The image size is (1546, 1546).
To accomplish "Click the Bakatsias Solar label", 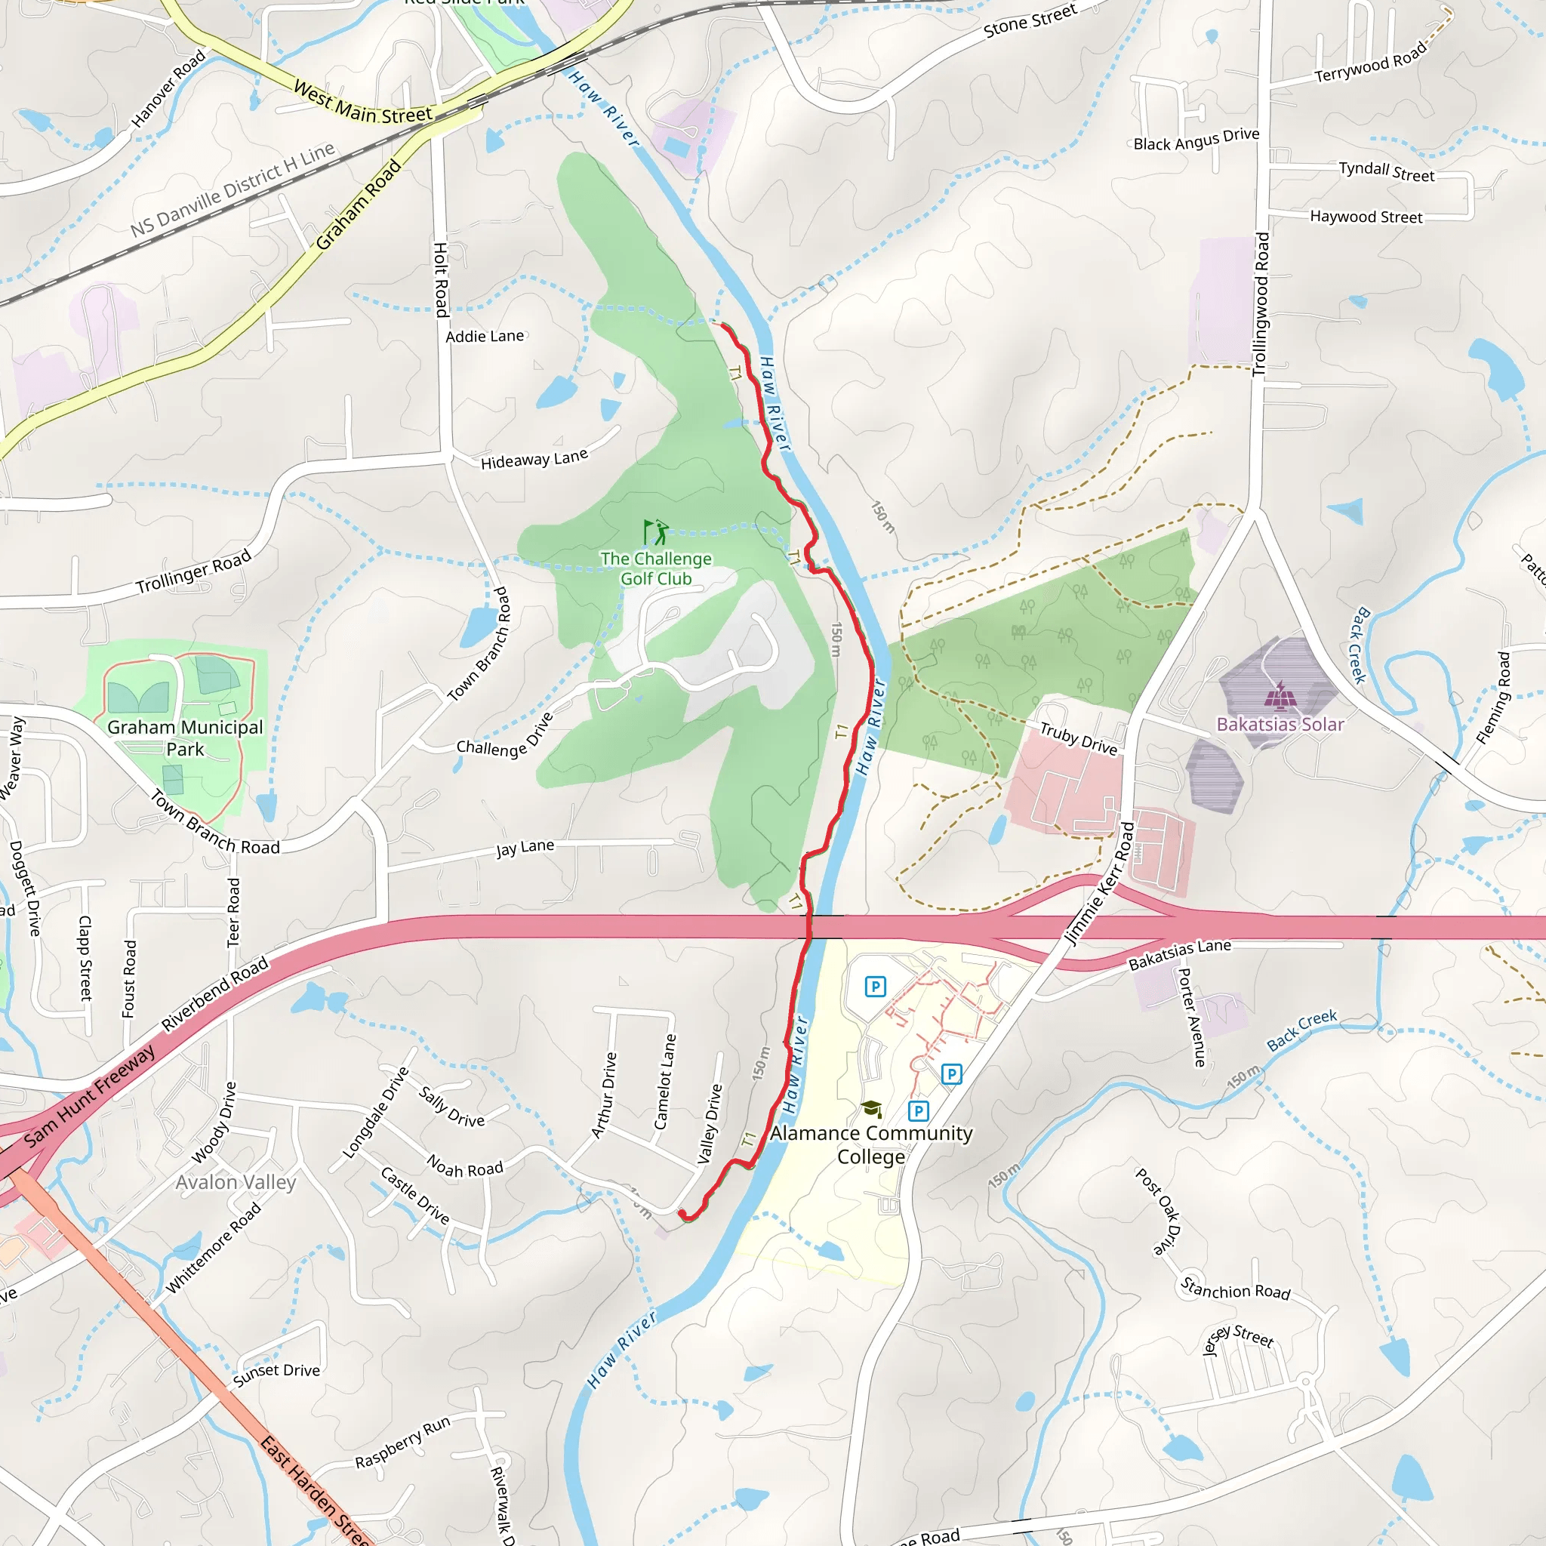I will tap(1280, 724).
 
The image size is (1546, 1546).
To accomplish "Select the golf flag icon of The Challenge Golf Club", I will tap(655, 532).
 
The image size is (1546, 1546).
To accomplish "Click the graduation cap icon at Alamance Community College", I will tap(871, 1109).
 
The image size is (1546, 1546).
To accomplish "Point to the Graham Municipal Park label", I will tap(185, 738).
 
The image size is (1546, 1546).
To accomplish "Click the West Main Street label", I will tap(362, 103).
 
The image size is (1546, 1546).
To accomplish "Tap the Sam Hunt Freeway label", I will tap(89, 1096).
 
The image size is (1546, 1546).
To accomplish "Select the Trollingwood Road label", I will tap(1261, 304).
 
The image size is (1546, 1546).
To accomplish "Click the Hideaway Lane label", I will tap(534, 458).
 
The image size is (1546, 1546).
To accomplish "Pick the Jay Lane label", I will tap(525, 848).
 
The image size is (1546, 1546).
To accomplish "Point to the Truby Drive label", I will tap(1078, 738).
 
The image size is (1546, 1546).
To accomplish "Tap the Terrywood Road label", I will tap(1370, 63).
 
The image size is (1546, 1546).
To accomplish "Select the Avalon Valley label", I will tap(236, 1182).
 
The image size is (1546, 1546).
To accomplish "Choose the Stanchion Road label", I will tap(1235, 1289).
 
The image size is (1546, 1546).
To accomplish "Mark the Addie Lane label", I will tap(484, 336).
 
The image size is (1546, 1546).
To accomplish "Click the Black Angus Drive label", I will tap(1196, 139).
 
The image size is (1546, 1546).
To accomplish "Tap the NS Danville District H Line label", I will tap(232, 189).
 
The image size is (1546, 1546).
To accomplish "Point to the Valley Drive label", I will tap(709, 1123).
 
